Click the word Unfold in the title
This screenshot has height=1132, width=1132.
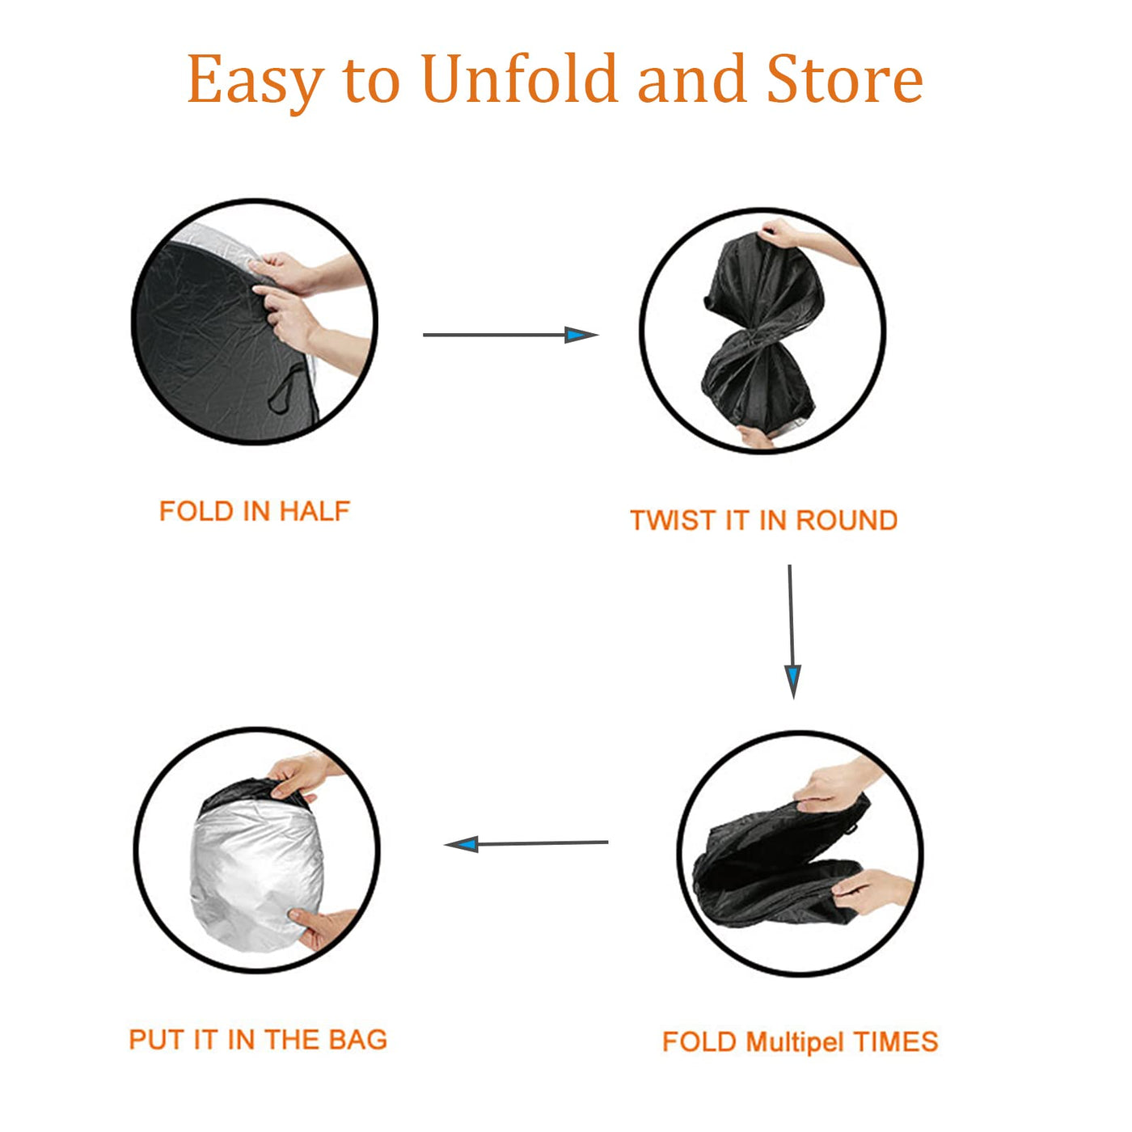(x=519, y=78)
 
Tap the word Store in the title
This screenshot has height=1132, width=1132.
(x=845, y=78)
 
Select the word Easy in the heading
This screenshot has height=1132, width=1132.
(x=255, y=82)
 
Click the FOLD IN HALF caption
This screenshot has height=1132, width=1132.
(x=255, y=511)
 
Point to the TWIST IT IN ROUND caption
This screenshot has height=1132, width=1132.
(x=763, y=521)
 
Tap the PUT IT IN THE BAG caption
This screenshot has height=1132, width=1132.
(x=258, y=1039)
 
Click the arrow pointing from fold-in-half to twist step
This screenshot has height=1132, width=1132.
(x=510, y=335)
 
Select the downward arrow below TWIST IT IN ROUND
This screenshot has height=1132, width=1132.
(x=792, y=631)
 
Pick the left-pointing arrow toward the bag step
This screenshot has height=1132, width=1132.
(x=526, y=844)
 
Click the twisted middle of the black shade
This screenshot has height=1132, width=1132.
(x=757, y=332)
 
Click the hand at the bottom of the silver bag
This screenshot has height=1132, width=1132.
(x=322, y=928)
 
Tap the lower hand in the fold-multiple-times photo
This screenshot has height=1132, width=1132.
(x=869, y=890)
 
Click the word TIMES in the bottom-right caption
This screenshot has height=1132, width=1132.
(x=896, y=1041)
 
